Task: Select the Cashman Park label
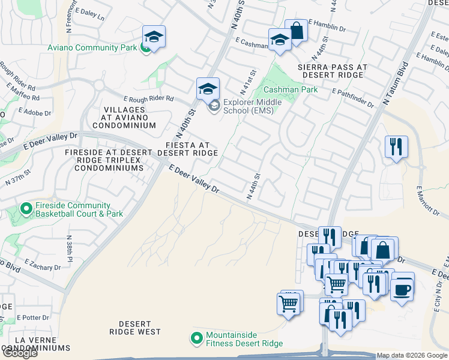[x=291, y=89]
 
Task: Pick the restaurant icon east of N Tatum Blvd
[x=396, y=147]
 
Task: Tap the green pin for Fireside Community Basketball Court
[x=26, y=209]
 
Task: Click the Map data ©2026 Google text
[x=412, y=355]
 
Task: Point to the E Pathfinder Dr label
[x=353, y=98]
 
